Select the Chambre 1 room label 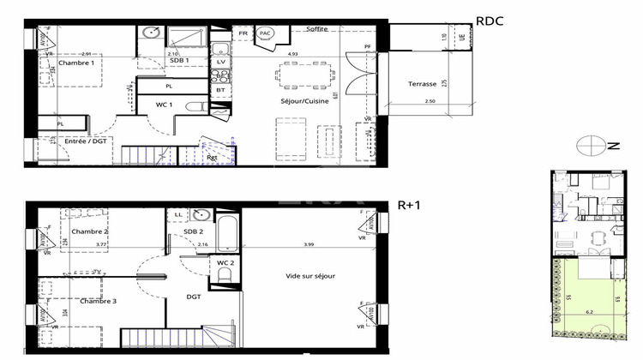point(76,63)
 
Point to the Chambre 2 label point(89,231)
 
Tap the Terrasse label point(423,84)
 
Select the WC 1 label point(165,105)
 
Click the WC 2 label point(226,262)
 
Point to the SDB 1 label point(179,61)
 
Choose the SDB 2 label point(193,231)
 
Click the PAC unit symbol point(266,34)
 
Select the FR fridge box point(243,33)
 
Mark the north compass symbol point(592,147)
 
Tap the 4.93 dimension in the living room point(292,54)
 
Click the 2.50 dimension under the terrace point(430,103)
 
